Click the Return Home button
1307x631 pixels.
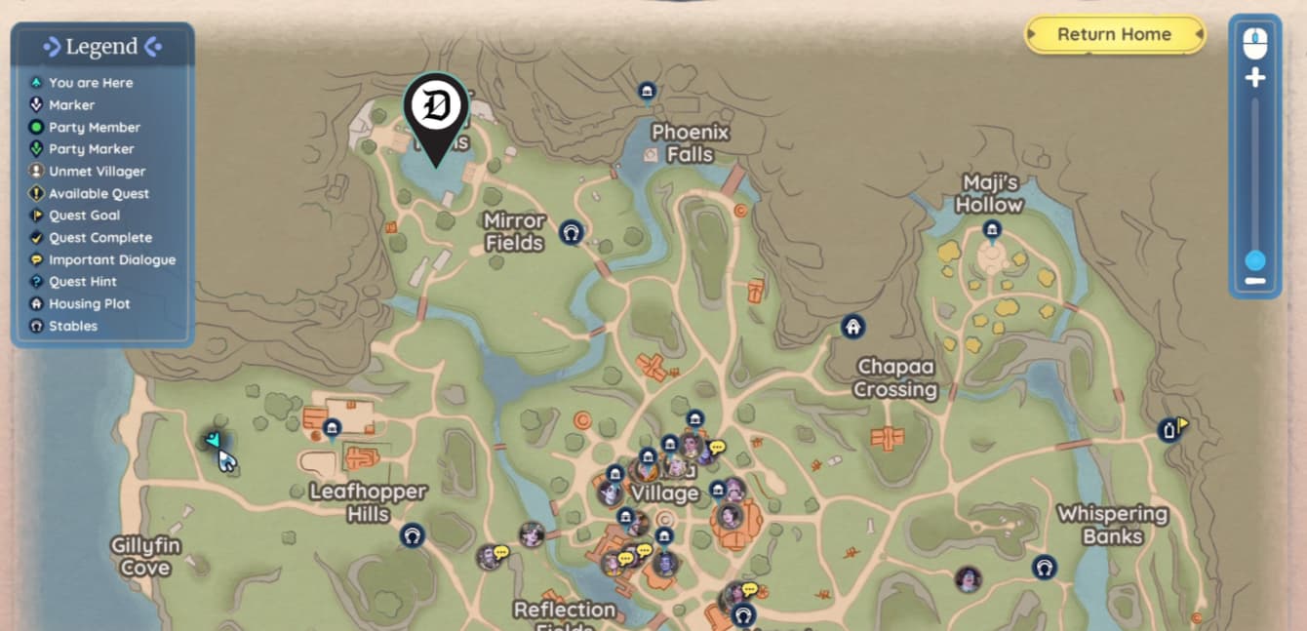1114,34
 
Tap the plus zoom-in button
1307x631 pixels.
1255,78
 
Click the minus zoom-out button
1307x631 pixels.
1255,282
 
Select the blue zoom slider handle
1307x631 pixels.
1255,260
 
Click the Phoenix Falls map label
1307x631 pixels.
691,143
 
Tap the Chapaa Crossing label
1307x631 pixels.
894,378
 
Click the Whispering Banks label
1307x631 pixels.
1112,525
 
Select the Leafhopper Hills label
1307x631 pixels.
368,502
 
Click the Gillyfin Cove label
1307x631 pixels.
145,556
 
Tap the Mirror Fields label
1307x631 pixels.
514,232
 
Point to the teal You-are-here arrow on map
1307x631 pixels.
214,441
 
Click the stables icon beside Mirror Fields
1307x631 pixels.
572,232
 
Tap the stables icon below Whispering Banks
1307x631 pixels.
1045,568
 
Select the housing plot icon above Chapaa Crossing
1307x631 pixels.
853,327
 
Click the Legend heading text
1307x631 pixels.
101,47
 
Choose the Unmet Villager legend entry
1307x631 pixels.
97,172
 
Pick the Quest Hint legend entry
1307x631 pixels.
83,282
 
